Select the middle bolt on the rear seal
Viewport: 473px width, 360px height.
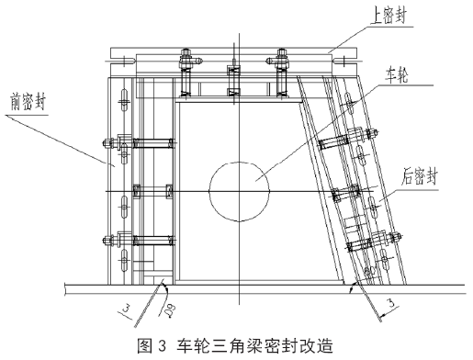[x=352, y=193]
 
